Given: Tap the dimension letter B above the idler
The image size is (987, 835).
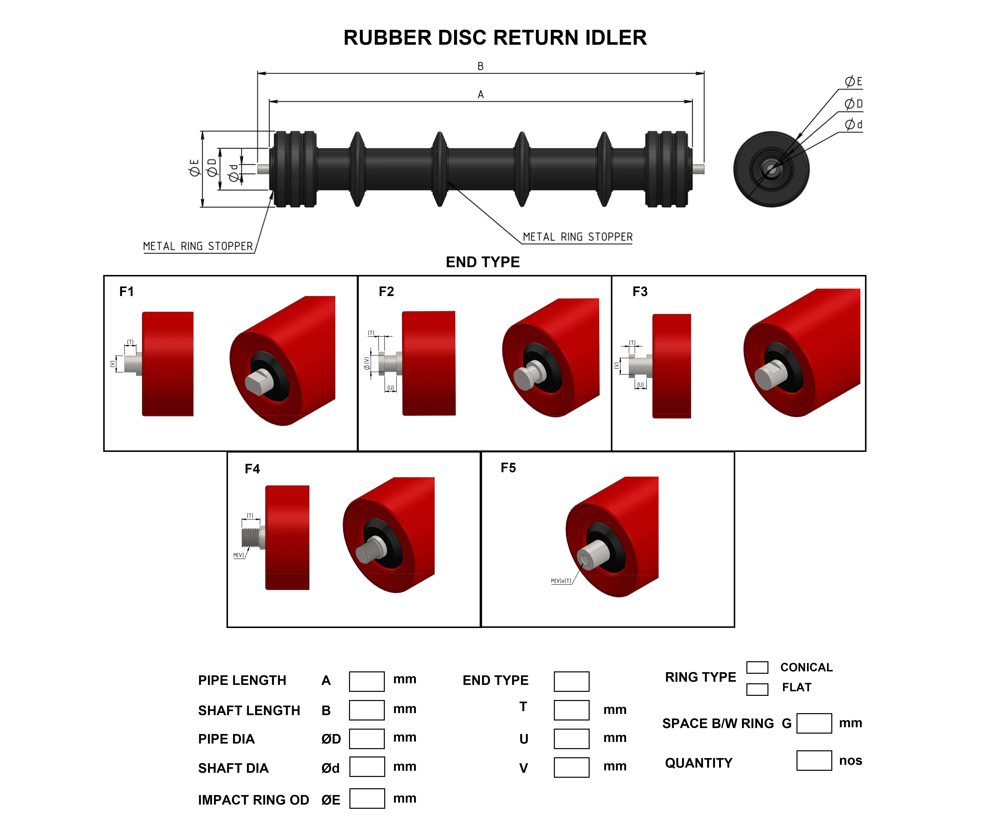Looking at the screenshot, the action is pos(480,66).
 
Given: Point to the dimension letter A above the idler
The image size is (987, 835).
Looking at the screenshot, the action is pos(480,95).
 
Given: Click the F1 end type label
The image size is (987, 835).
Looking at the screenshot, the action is pos(126,292).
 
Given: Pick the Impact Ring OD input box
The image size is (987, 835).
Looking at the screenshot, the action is pos(367,799).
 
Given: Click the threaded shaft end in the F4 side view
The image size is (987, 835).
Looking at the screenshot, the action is pos(251,537).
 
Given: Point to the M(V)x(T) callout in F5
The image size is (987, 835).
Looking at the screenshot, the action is pos(561,581).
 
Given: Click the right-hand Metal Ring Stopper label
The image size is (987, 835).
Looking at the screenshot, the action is pos(578,237).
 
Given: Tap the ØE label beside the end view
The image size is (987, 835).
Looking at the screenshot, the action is pos(854,82).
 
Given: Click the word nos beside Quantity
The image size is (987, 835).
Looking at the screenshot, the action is pos(850,761).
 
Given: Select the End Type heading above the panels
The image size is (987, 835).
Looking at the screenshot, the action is pos(483,262).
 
